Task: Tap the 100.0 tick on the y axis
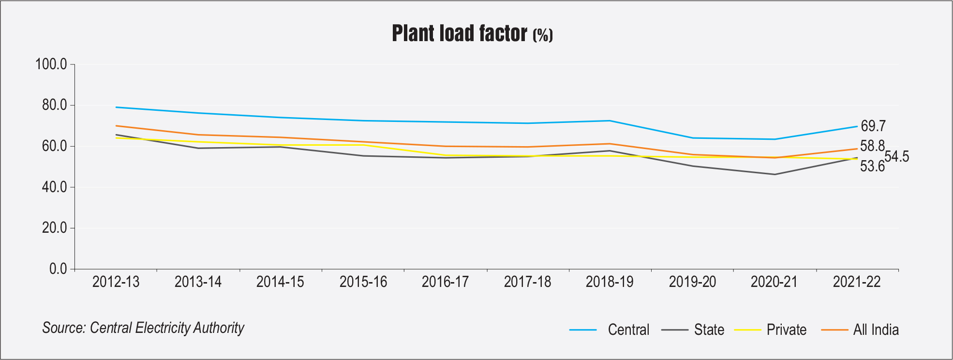51,64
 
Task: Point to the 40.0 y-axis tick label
54,187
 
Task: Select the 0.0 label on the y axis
58,269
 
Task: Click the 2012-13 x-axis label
116,282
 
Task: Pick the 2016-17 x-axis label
445,282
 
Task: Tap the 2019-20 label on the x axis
692,282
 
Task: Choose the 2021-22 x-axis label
857,282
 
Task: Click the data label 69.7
873,126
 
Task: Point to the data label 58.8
872,146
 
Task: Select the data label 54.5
897,157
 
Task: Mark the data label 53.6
872,166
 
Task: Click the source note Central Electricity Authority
143,328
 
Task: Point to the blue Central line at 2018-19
610,120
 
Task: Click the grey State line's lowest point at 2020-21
774,174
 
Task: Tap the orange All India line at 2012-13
117,126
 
